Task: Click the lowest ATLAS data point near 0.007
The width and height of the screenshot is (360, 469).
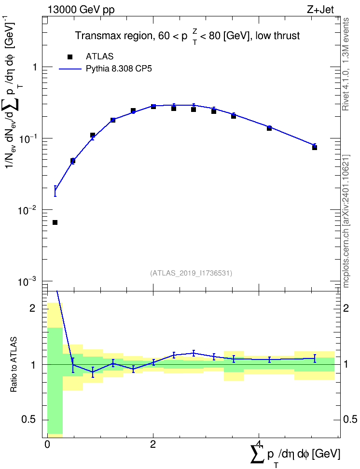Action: point(55,222)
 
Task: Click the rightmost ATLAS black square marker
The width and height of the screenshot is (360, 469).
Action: point(315,148)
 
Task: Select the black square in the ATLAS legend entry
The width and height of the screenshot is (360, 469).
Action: point(70,56)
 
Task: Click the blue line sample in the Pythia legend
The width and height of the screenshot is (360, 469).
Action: point(70,69)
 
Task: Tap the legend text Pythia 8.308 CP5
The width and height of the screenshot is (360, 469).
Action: point(119,69)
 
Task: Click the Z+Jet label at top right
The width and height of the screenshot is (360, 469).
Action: point(320,10)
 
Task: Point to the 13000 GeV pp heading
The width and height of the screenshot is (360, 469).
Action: point(81,10)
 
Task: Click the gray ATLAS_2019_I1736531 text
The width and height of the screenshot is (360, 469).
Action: point(191,273)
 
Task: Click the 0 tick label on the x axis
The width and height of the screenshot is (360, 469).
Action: point(47,444)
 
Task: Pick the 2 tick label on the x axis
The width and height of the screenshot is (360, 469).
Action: point(153,444)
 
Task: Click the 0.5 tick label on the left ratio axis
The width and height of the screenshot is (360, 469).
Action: point(29,420)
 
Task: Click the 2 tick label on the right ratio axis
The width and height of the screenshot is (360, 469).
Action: point(346,308)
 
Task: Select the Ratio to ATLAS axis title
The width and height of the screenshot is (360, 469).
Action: point(14,364)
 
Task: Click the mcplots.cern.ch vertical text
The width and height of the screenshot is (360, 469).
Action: point(346,221)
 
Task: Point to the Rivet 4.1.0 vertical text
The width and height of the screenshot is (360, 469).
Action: point(346,64)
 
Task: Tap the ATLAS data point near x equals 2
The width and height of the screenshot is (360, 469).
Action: point(153,107)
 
